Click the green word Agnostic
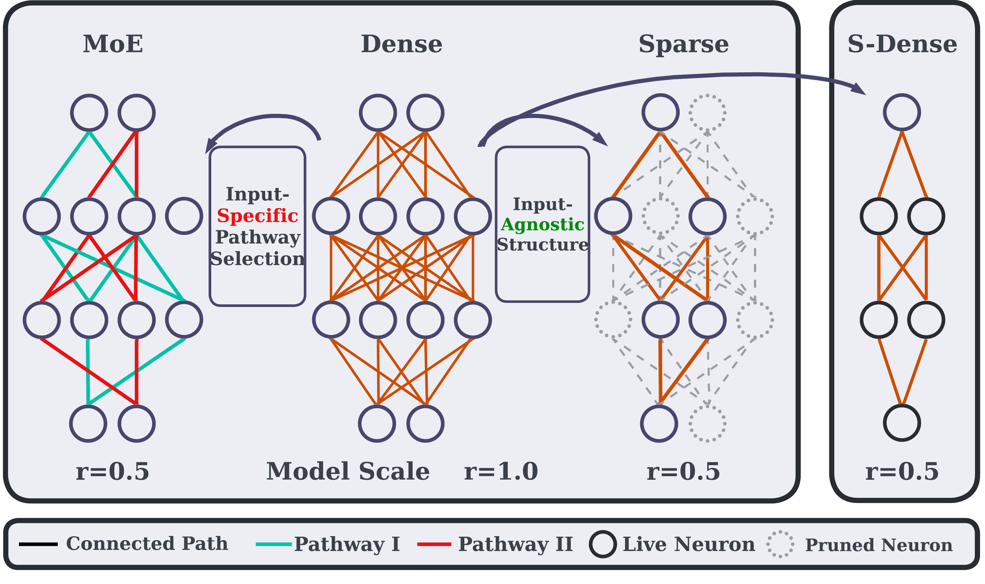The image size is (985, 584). pyautogui.click(x=542, y=225)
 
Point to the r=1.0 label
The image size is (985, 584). pyautogui.click(x=501, y=471)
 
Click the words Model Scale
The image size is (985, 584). pyautogui.click(x=348, y=471)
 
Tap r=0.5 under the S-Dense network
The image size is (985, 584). pyautogui.click(x=902, y=471)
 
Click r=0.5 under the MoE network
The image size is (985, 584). pyautogui.click(x=113, y=471)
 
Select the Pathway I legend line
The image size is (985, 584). pyautogui.click(x=274, y=545)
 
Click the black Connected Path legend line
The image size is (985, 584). pyautogui.click(x=38, y=545)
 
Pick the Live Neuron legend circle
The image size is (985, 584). pyautogui.click(x=603, y=545)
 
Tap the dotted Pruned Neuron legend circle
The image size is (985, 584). pyautogui.click(x=780, y=545)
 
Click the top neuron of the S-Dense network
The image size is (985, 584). pyautogui.click(x=902, y=112)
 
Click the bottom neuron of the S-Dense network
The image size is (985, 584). pyautogui.click(x=902, y=423)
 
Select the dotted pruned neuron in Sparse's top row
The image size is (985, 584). pyautogui.click(x=707, y=112)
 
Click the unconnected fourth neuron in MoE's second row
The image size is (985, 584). pyautogui.click(x=184, y=216)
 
